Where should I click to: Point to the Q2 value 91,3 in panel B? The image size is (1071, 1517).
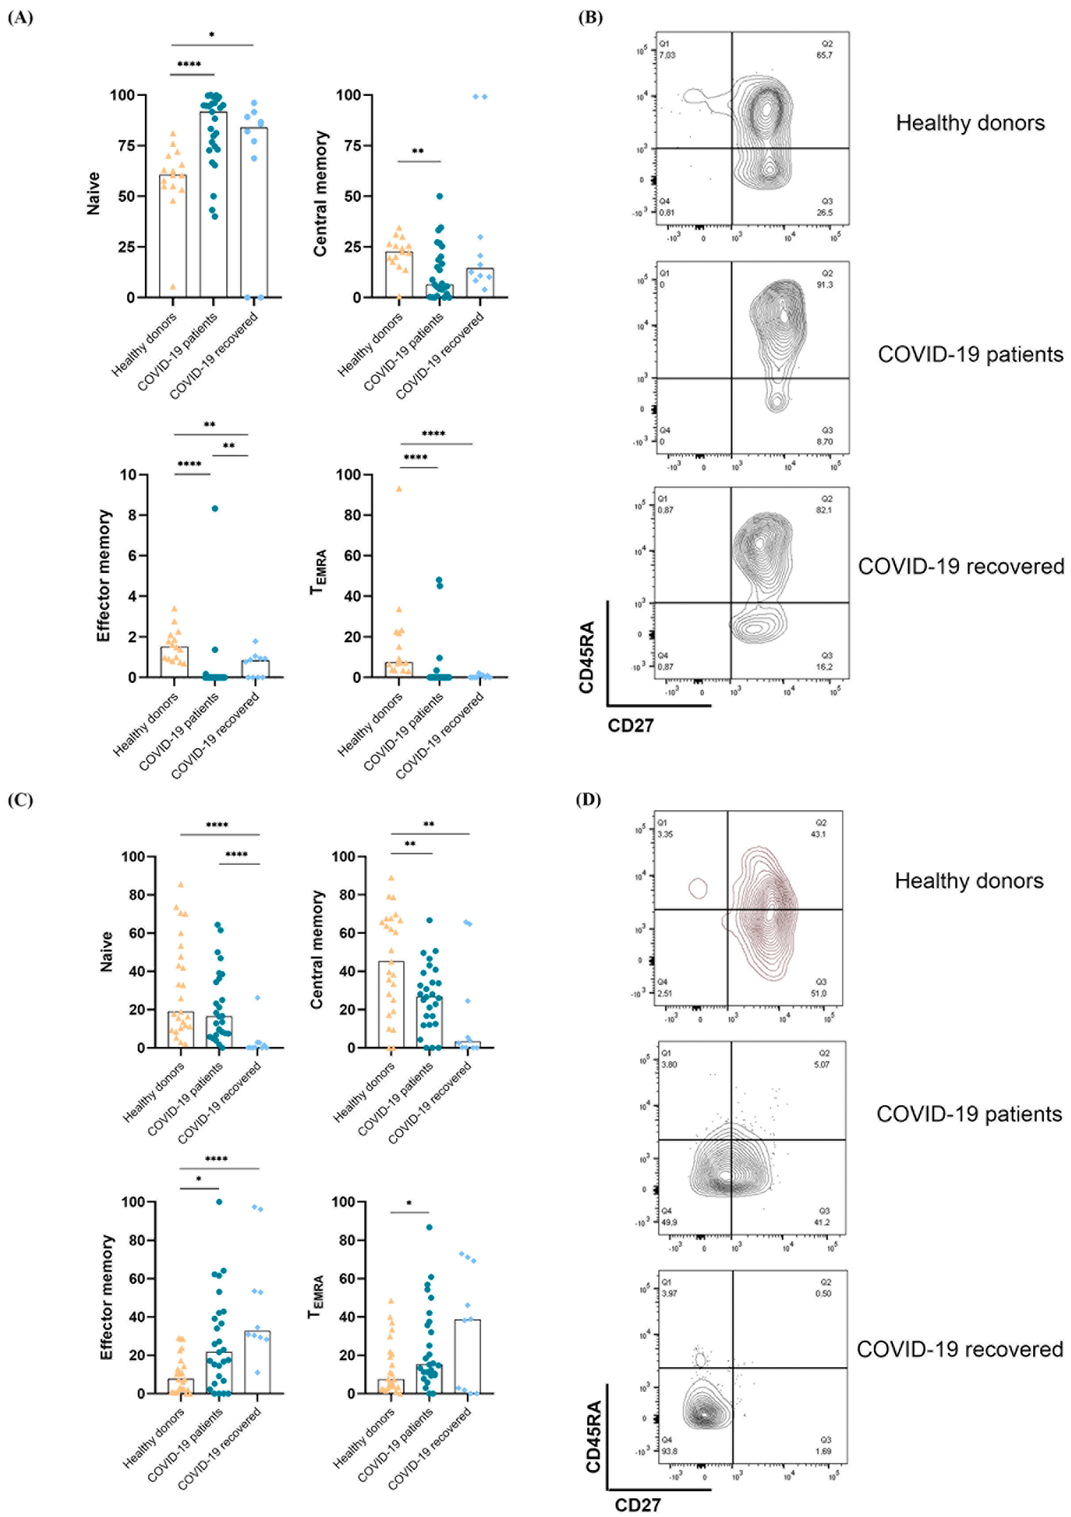click(824, 285)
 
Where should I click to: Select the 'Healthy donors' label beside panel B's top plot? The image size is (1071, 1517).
click(970, 124)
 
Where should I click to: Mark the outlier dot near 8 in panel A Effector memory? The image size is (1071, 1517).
click(215, 508)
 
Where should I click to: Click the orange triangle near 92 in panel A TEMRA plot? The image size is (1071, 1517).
click(399, 489)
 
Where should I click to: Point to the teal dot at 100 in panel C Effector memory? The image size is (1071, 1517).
click(219, 1202)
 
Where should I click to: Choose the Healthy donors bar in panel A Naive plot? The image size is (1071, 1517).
click(173, 236)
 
